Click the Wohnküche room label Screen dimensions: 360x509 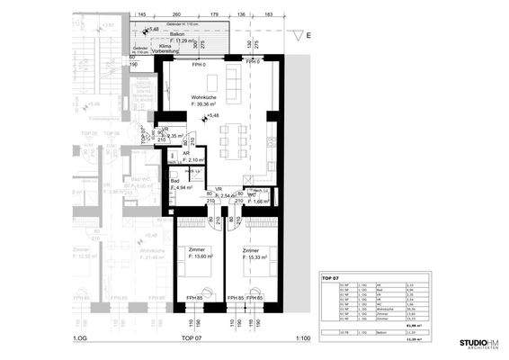[x=205, y=97]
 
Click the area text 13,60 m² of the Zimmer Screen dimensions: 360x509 [x=197, y=256]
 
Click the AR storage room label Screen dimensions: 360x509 [x=186, y=153]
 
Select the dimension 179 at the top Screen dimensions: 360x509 [x=214, y=15]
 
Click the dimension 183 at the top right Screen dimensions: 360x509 [x=268, y=15]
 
